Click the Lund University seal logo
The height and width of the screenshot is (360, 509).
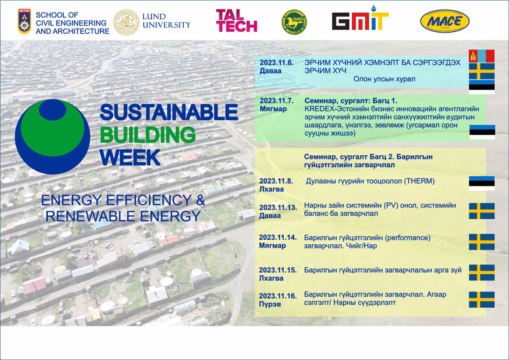click(126, 22)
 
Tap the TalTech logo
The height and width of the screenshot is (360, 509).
click(236, 20)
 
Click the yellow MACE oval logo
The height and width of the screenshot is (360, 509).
click(445, 22)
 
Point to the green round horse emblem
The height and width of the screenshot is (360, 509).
click(294, 22)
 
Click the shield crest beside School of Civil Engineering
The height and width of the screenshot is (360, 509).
click(24, 22)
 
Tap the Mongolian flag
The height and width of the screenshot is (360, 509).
click(482, 56)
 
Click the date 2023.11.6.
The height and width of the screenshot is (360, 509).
click(277, 63)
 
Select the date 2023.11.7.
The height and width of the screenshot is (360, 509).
click(277, 100)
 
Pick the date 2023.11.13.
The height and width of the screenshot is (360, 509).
click(278, 207)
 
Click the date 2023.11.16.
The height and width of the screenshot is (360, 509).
click(278, 296)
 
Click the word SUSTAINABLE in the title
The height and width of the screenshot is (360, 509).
click(169, 113)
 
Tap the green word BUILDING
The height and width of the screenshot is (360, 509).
click(148, 135)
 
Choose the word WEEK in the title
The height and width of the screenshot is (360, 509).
click(130, 158)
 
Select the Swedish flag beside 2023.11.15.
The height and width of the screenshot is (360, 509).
click(482, 272)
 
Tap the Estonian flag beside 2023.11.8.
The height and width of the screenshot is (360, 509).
click(482, 183)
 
